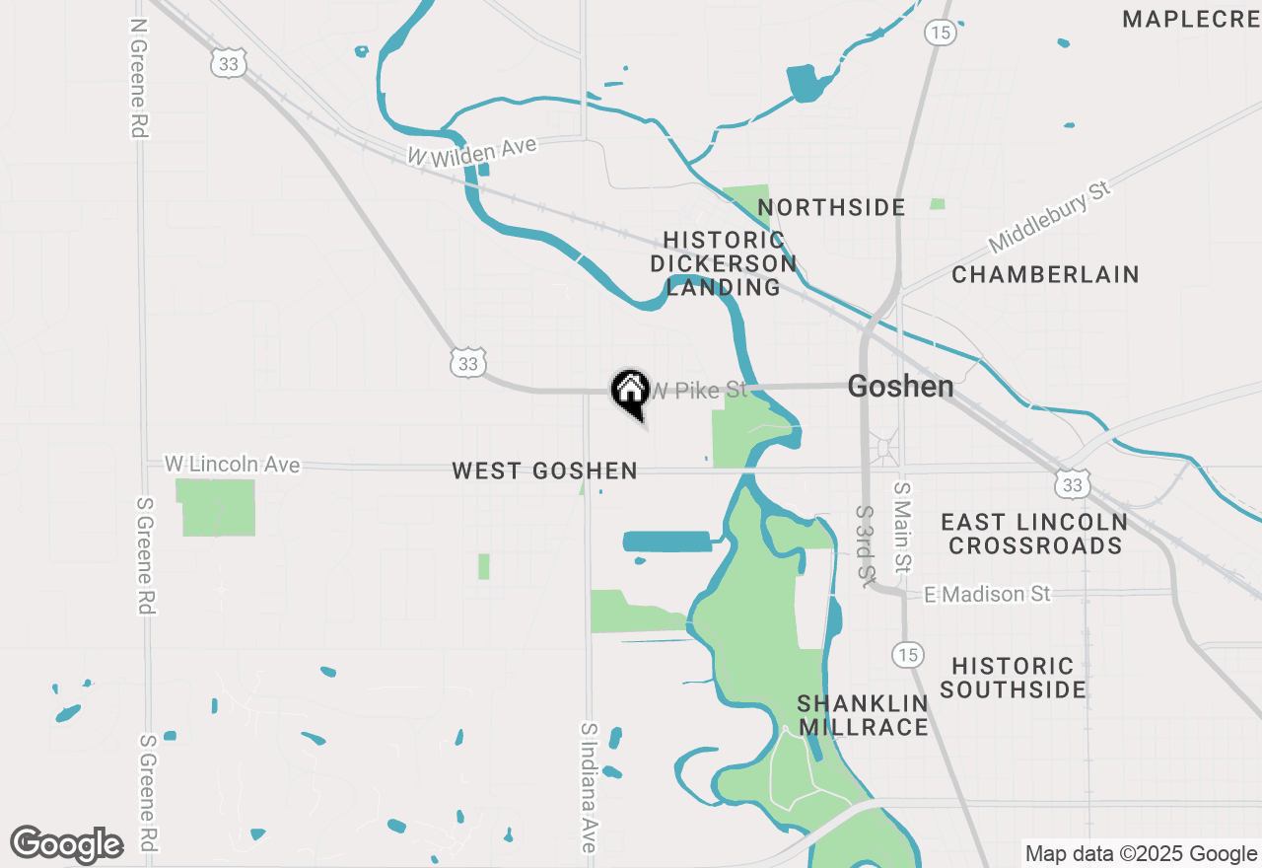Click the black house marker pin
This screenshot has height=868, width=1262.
pos(631,392)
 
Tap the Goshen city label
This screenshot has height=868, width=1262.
pos(900,387)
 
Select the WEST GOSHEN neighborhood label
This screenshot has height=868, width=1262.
pos(544,471)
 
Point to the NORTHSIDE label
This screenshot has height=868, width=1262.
pos(831,207)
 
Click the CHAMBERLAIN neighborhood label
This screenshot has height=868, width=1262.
pos(1045,274)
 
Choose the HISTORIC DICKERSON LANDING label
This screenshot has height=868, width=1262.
pos(724,263)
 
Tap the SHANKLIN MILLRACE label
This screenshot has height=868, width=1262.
pos(863,715)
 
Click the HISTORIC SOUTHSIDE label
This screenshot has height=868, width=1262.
pos(1013,678)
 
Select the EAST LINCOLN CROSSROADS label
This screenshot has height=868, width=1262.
pos(1034,534)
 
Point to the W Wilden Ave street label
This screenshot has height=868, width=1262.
pos(473,151)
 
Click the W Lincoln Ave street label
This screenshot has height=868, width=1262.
pos(232,464)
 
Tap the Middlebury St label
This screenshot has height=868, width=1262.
pos(1049,216)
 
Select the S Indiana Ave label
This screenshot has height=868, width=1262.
pos(589,786)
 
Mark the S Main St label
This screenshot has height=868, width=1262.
pos(901,527)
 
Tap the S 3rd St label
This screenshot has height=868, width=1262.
pos(866,544)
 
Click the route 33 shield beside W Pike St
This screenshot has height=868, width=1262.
pos(468,364)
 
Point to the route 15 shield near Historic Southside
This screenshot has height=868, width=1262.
pos(907,653)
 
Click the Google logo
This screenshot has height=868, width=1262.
pos(66,845)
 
